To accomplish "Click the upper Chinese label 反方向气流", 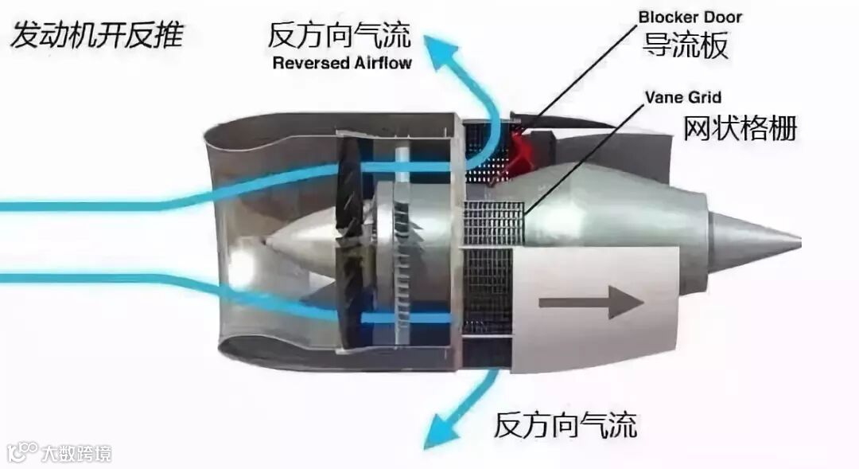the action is (x=340, y=35).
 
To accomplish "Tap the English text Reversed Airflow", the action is (x=342, y=63).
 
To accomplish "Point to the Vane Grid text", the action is (x=682, y=98).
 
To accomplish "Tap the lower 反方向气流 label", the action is (x=566, y=424).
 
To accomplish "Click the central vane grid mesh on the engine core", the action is (x=493, y=223).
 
